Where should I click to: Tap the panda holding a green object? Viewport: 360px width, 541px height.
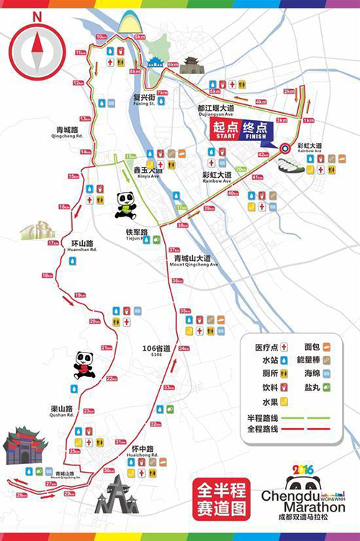(126, 205)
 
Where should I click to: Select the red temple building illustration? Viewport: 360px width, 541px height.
(25, 445)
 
